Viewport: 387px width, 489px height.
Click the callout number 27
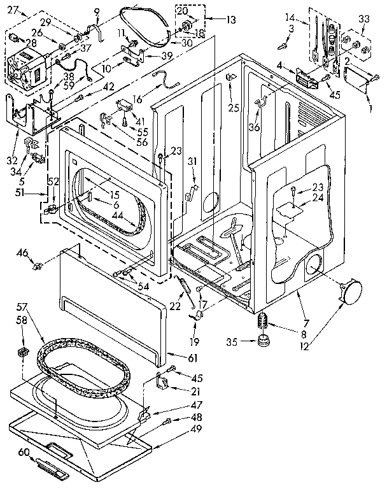coord(13,8)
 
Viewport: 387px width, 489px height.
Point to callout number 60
coord(23,452)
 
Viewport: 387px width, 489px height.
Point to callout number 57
coord(20,306)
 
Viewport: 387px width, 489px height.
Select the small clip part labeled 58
coord(24,351)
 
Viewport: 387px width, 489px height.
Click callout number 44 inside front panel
coord(117,215)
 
